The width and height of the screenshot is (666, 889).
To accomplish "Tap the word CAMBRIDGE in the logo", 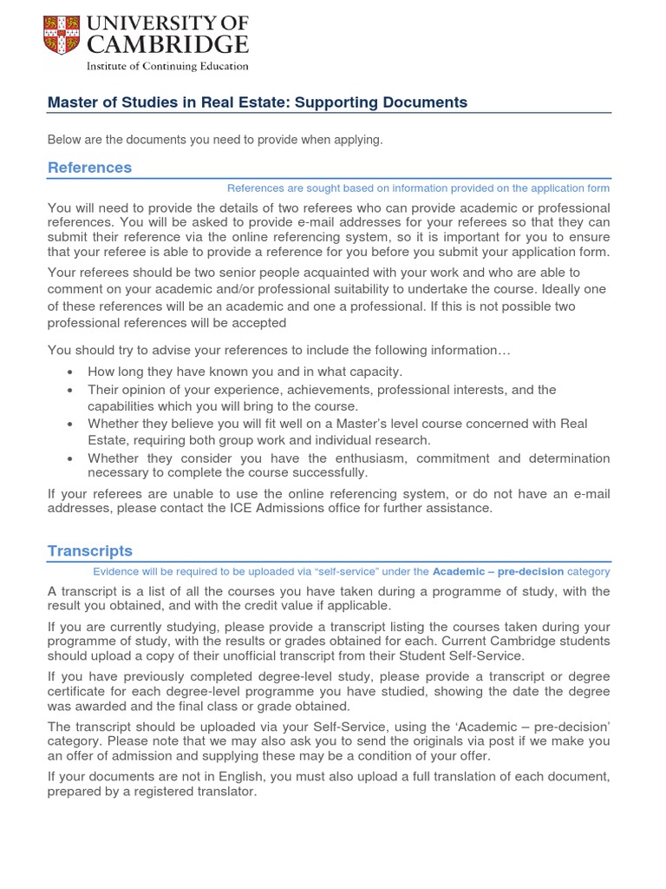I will click(x=166, y=44).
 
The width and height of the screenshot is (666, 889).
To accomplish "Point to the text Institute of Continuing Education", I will click(x=166, y=66).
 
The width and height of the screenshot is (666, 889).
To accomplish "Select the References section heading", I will click(x=90, y=168).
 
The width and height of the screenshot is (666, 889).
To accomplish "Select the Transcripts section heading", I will click(x=90, y=551).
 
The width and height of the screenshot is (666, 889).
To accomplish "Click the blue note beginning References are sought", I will click(x=418, y=188).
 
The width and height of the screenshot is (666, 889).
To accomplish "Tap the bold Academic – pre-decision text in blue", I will click(x=498, y=572).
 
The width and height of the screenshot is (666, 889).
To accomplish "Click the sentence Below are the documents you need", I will click(x=215, y=140).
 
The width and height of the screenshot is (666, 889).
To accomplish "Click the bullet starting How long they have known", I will click(x=245, y=372).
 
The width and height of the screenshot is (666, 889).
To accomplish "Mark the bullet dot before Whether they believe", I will click(x=69, y=425).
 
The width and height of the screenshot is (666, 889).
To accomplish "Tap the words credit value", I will click(x=297, y=606).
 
